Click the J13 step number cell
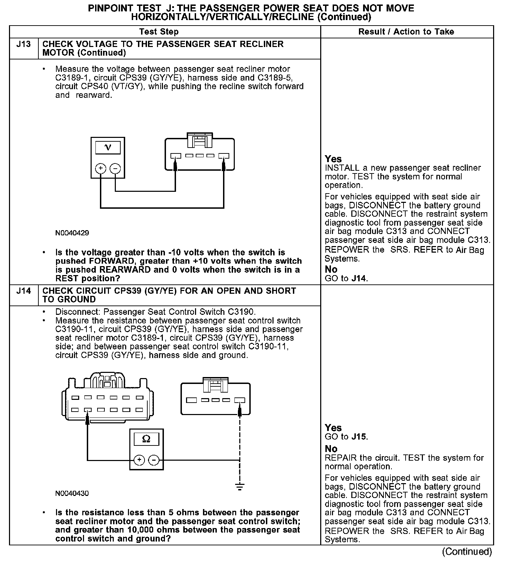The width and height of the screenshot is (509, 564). tap(24, 45)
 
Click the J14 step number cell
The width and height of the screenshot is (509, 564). tap(24, 291)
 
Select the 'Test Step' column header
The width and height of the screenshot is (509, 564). tap(159, 32)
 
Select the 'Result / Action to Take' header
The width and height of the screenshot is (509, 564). tap(406, 32)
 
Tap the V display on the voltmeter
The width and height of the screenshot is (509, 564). tap(108, 148)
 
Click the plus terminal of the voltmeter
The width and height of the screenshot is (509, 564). tap(101, 169)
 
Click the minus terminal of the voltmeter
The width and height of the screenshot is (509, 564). tap(115, 169)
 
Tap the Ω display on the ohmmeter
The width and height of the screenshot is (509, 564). tap(146, 439)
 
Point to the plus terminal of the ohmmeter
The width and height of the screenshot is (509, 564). tap(139, 460)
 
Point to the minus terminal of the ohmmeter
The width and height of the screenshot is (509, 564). tap(154, 460)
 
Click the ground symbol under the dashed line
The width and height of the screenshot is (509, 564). tap(240, 487)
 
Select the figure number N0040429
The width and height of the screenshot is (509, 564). tap(72, 233)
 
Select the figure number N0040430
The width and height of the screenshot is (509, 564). tap(72, 493)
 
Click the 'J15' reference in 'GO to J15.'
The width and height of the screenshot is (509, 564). tap(359, 436)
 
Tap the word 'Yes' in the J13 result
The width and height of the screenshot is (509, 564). tap(333, 159)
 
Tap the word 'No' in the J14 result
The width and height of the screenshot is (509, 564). tap(331, 449)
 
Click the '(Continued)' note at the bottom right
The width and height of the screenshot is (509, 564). tap(466, 552)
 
